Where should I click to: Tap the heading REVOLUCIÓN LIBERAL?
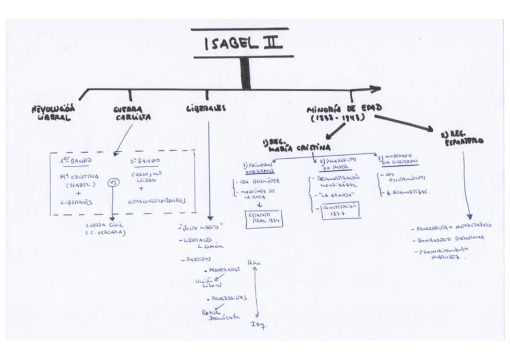tap(54, 113)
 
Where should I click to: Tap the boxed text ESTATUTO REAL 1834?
tap(263, 219)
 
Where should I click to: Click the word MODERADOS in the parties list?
tap(222, 270)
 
